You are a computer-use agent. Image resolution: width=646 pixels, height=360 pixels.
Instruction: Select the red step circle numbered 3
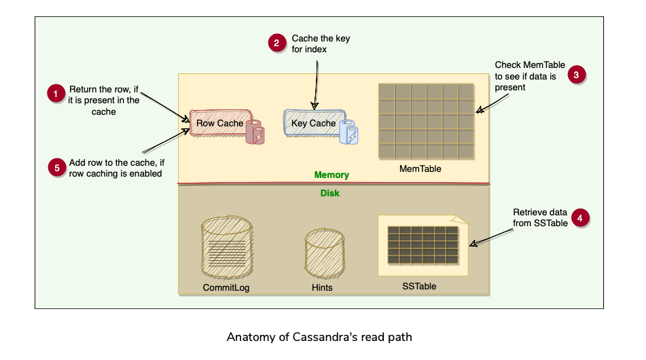coord(576,75)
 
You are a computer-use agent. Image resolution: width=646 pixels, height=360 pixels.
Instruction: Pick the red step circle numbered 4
coord(579,218)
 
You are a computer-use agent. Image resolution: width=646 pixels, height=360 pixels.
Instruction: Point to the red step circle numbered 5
coord(56,168)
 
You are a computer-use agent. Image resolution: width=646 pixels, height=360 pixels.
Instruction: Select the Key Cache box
coord(313,124)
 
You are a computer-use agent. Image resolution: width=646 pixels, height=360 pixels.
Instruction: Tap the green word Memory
coord(331,175)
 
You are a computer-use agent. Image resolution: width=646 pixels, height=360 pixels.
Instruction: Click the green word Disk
coord(330,194)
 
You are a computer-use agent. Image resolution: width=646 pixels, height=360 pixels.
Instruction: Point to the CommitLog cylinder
coord(226,249)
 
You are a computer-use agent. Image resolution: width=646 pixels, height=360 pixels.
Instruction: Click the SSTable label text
coord(419,287)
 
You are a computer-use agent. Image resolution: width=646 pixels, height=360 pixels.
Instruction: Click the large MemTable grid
coord(425,120)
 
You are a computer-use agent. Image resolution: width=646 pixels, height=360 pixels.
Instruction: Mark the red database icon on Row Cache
coord(256,132)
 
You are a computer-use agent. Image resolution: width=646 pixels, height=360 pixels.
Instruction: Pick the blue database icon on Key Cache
coord(351,132)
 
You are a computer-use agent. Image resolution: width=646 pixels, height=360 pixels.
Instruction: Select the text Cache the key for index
coord(321,43)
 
